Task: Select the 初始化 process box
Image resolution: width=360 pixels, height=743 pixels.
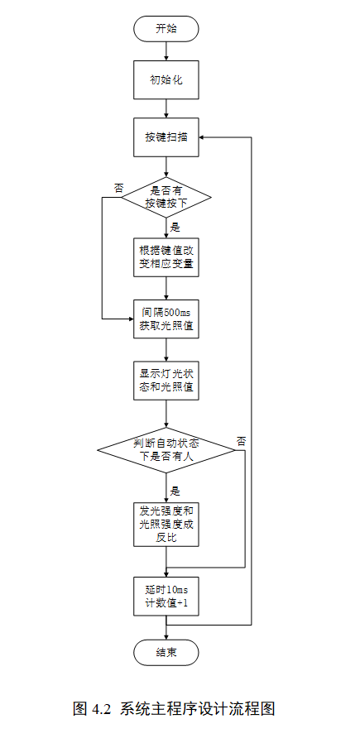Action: [166, 80]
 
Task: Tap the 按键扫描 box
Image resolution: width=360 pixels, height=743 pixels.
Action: [166, 137]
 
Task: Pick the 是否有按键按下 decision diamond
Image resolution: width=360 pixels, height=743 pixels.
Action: [166, 197]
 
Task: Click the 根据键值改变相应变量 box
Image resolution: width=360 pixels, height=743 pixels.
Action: [166, 256]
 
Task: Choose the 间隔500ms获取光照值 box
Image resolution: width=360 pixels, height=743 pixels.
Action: [166, 318]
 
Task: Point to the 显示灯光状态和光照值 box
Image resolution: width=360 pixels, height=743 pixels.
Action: [166, 379]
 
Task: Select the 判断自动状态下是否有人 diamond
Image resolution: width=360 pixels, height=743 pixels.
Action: [166, 449]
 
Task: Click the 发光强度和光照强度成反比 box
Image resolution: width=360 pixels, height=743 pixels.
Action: [166, 523]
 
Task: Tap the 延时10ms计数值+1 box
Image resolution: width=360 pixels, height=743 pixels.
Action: [166, 596]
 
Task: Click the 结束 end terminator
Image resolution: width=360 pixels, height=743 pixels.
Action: [166, 653]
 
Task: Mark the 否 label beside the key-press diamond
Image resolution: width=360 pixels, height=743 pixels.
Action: [118, 189]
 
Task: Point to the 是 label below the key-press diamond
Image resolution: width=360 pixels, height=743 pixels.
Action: [175, 226]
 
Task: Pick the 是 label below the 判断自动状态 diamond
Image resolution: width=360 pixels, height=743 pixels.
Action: [175, 489]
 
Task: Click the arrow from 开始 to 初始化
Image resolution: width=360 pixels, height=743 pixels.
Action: [166, 50]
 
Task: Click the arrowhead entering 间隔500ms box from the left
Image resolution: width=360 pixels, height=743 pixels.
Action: [129, 318]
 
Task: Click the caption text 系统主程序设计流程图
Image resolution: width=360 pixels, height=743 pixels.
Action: [197, 709]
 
